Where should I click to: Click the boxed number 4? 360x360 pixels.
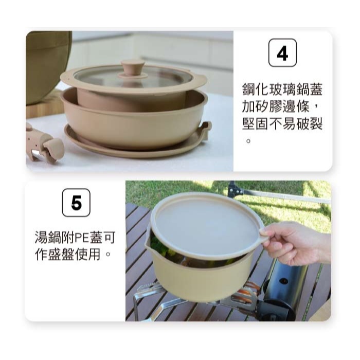[282, 53]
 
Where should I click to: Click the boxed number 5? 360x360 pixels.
[76, 203]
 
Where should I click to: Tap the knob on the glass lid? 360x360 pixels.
[133, 68]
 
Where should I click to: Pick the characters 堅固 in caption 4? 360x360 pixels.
[256, 124]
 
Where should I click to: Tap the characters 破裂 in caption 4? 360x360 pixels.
[309, 124]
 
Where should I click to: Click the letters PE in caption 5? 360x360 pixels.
[82, 238]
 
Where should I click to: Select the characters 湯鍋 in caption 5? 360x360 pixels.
[48, 238]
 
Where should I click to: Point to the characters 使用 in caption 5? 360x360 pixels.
[88, 255]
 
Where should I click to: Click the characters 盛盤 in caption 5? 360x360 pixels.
[62, 255]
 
